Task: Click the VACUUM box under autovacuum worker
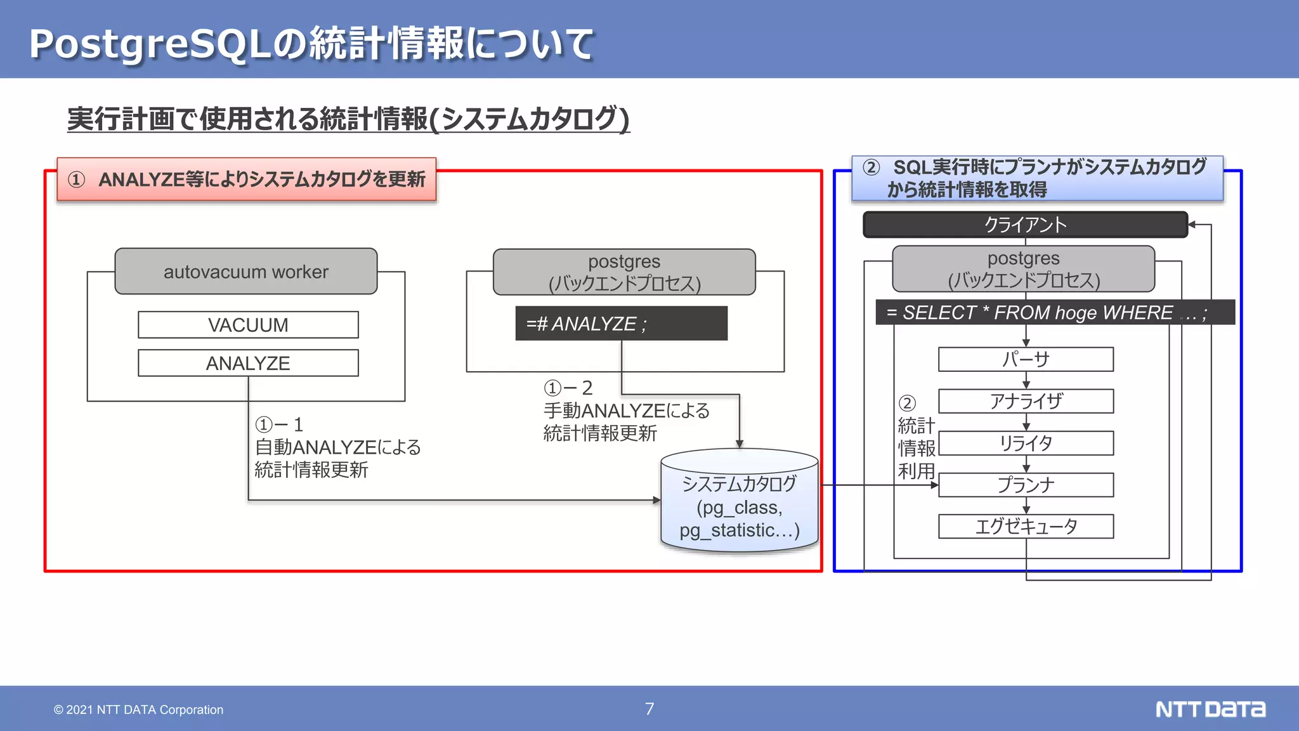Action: pyautogui.click(x=248, y=325)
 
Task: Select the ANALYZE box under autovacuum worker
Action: pyautogui.click(x=248, y=363)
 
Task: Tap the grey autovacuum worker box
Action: pyautogui.click(x=246, y=272)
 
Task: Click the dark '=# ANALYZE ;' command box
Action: pyautogui.click(x=621, y=324)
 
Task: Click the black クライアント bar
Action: pyautogui.click(x=1025, y=225)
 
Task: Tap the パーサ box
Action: pyautogui.click(x=1026, y=359)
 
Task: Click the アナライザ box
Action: pyautogui.click(x=1026, y=401)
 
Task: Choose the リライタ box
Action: pyautogui.click(x=1026, y=443)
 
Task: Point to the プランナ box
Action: pyautogui.click(x=1026, y=485)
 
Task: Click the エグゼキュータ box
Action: pyautogui.click(x=1026, y=526)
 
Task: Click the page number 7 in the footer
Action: pyautogui.click(x=649, y=709)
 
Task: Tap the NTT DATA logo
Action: pyautogui.click(x=1210, y=709)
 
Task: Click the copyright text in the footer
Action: pyautogui.click(x=138, y=709)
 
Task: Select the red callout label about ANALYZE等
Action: pyautogui.click(x=247, y=180)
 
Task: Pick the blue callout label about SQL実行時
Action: pyautogui.click(x=1037, y=178)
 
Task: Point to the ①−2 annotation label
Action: pyautogui.click(x=568, y=388)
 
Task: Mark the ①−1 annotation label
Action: pyautogui.click(x=279, y=425)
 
